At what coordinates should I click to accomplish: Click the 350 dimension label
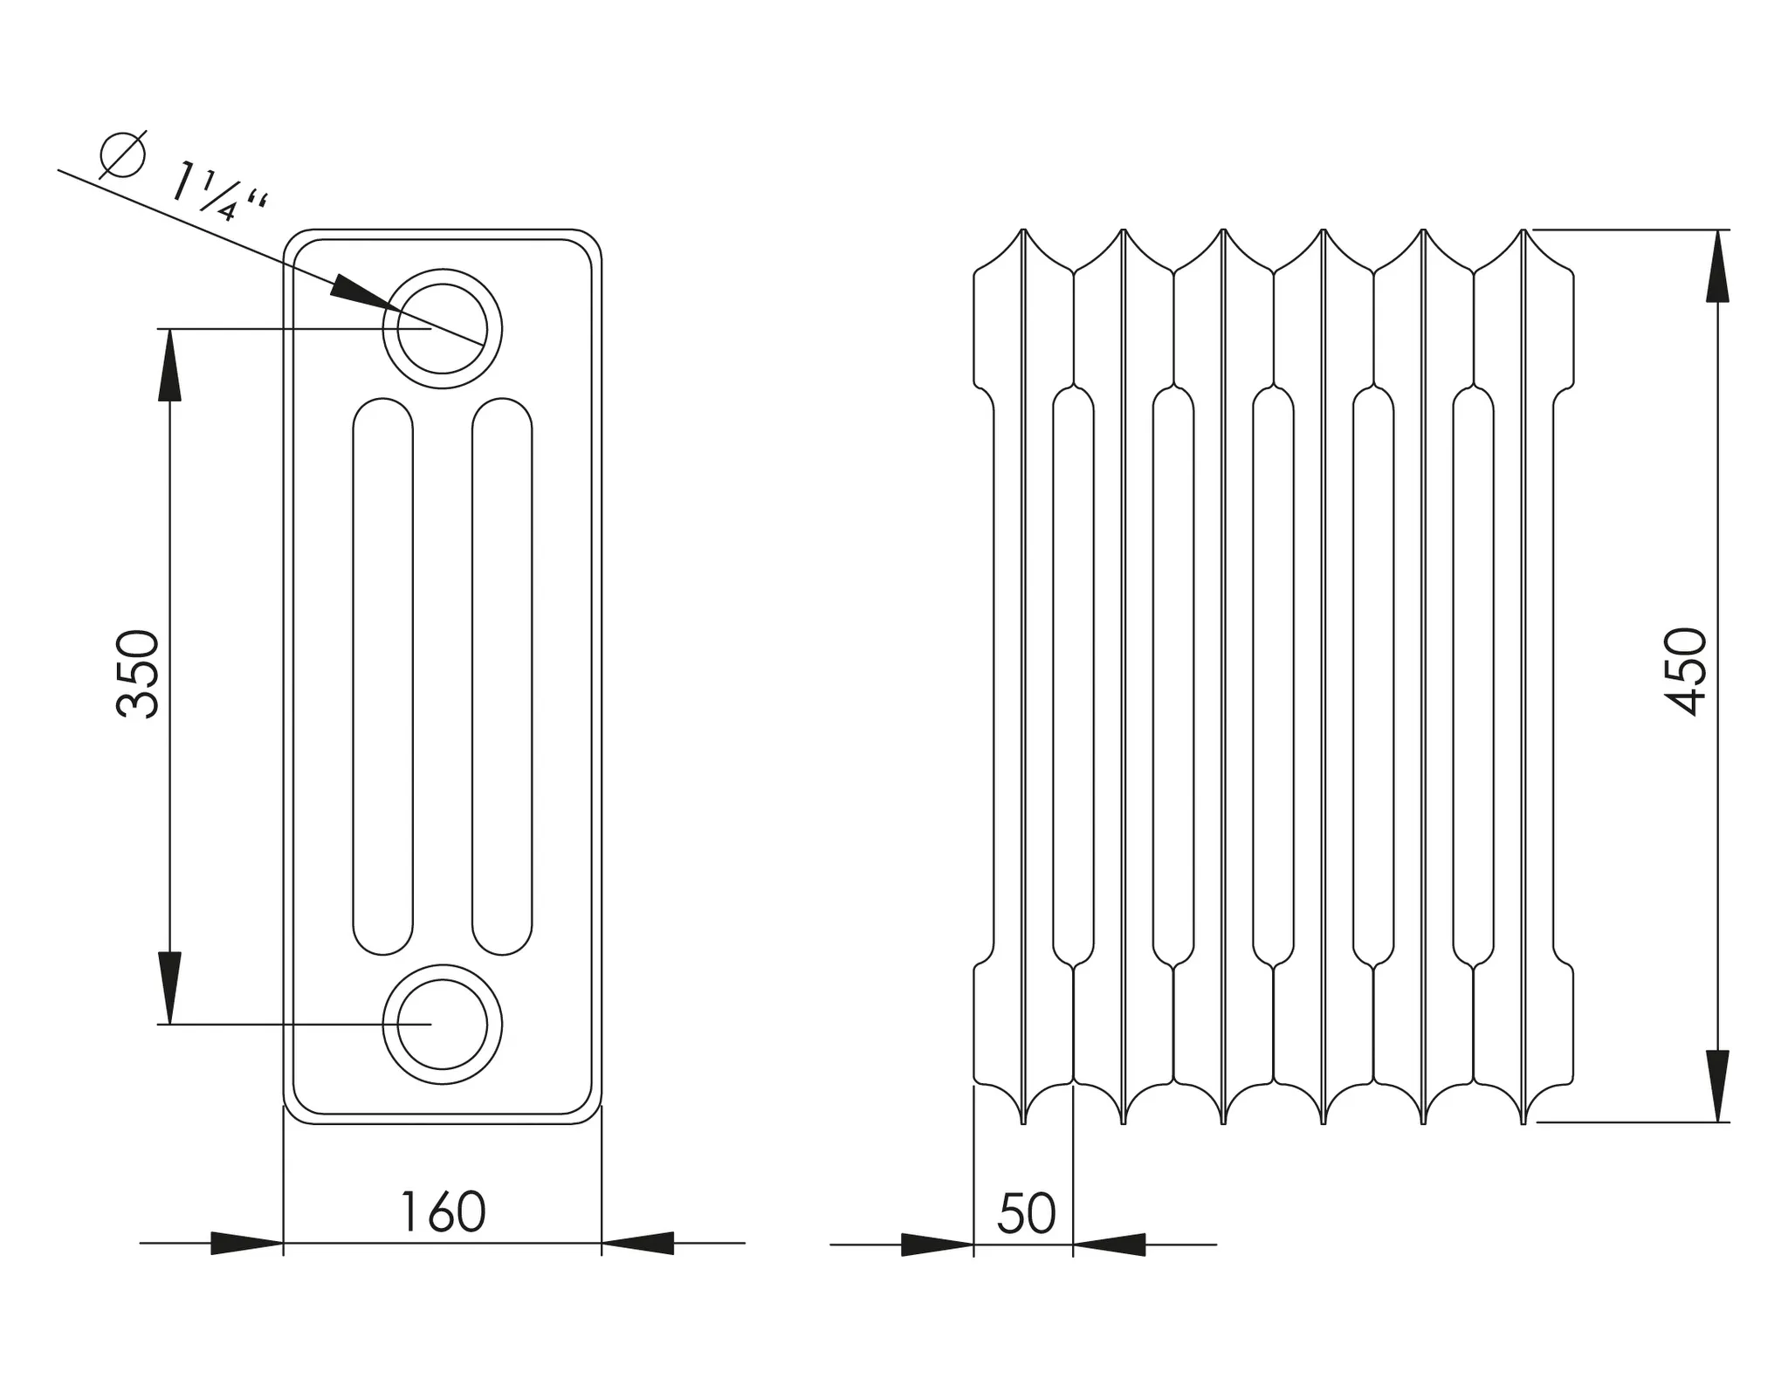[138, 675]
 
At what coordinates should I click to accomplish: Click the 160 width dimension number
[442, 1212]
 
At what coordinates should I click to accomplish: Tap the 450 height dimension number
[1685, 672]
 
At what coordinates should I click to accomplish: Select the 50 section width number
[1026, 1213]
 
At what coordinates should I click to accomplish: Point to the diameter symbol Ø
[122, 155]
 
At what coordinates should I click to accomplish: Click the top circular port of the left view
[442, 328]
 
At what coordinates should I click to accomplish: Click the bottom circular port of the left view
[442, 1024]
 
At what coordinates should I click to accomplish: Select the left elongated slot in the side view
[382, 676]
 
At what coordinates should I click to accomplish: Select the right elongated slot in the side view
[502, 676]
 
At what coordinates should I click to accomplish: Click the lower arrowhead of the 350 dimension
[169, 988]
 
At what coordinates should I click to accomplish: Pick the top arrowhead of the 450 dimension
[1717, 266]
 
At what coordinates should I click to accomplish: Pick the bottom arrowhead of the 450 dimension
[1717, 1086]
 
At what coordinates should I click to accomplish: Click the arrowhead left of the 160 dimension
[246, 1243]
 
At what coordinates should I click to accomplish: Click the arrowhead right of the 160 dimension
[638, 1243]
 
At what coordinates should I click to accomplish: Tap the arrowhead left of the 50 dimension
[937, 1245]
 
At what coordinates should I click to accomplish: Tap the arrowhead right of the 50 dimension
[1110, 1245]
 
